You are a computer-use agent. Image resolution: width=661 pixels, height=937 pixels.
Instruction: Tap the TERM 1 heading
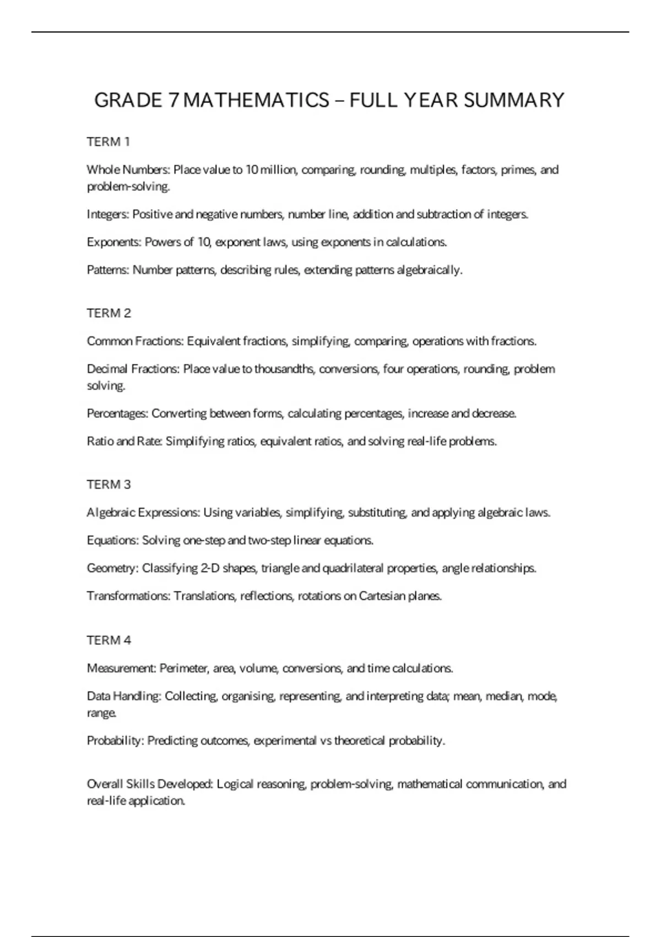109,142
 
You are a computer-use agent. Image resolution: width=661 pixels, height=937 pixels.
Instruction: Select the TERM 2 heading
109,313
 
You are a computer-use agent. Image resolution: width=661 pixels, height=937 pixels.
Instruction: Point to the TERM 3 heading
109,484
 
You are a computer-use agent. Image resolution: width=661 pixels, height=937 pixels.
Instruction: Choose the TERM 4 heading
109,640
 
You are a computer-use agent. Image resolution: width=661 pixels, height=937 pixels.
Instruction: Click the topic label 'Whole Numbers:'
128,170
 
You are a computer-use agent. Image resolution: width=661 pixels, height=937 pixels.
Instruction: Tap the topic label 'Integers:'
108,214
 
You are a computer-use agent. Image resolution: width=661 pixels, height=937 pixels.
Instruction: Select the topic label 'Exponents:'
114,242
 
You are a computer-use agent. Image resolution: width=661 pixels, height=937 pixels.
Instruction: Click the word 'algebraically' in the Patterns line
429,270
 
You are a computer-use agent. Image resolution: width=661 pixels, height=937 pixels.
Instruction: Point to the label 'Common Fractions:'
135,341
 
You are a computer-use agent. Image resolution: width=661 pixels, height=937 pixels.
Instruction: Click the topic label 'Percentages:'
117,413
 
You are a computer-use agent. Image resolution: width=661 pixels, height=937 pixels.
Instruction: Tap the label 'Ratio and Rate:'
124,441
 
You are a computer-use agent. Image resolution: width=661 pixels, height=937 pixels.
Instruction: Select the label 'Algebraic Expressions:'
143,513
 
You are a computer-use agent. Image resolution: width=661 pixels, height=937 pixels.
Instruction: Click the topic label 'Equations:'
113,540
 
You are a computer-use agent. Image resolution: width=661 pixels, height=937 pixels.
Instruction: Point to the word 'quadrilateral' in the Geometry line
353,568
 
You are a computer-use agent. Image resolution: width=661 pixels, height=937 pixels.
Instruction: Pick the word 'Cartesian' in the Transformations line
382,596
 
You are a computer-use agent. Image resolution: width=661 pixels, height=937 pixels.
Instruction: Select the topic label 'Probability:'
115,740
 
